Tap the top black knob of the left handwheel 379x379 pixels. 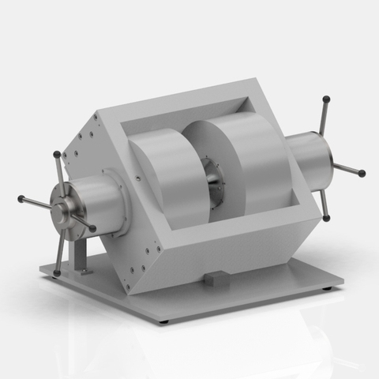pyautogui.click(x=56, y=154)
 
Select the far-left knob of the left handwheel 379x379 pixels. pyautogui.click(x=21, y=198)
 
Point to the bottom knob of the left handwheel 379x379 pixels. pyautogui.click(x=58, y=273)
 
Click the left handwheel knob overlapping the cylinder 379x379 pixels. pyautogui.click(x=93, y=229)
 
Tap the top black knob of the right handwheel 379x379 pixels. pyautogui.click(x=326, y=99)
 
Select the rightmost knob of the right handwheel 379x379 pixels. pyautogui.click(x=362, y=173)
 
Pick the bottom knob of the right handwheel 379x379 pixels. pyautogui.click(x=326, y=218)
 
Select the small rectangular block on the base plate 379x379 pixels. pyautogui.click(x=216, y=277)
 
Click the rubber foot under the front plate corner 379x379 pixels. pyautogui.click(x=163, y=321)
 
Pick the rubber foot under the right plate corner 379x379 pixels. pyautogui.click(x=328, y=288)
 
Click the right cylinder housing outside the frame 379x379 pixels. pyautogui.click(x=308, y=162)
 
